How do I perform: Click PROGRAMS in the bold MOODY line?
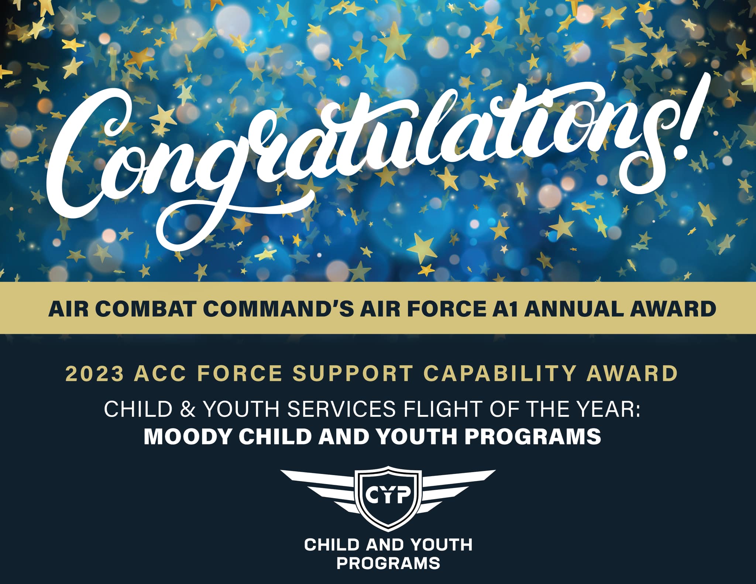click(532, 436)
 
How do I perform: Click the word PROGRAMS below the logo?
click(388, 563)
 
